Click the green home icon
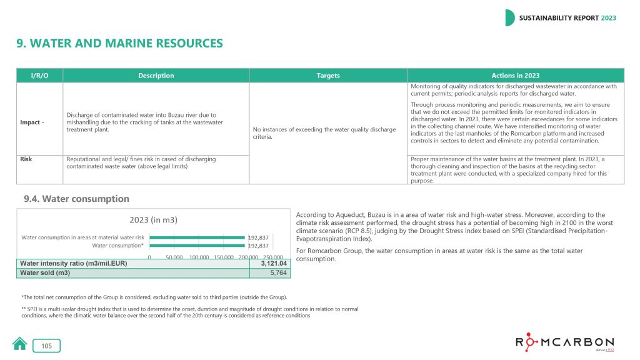(20, 344)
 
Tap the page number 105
(47, 346)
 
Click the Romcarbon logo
(564, 343)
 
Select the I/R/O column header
(39, 76)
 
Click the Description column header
(156, 76)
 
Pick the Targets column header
(328, 76)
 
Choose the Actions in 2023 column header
(515, 76)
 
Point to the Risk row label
(26, 159)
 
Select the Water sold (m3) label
(45, 273)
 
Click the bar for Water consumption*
(197, 246)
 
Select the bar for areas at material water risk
(197, 237)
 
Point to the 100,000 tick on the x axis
(199, 257)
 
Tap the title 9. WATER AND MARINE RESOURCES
(119, 43)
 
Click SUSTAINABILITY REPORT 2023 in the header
(567, 18)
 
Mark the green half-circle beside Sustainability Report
(509, 18)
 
